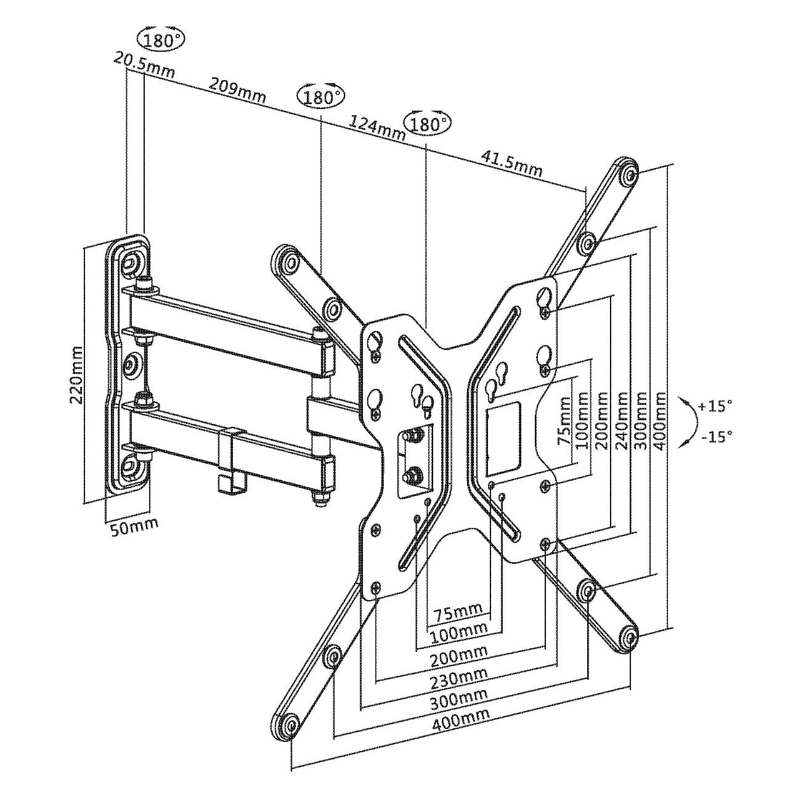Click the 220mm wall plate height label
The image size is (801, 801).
[76, 374]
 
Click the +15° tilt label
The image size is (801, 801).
[715, 407]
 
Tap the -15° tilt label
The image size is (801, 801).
[717, 436]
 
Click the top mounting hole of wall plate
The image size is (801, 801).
[130, 262]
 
